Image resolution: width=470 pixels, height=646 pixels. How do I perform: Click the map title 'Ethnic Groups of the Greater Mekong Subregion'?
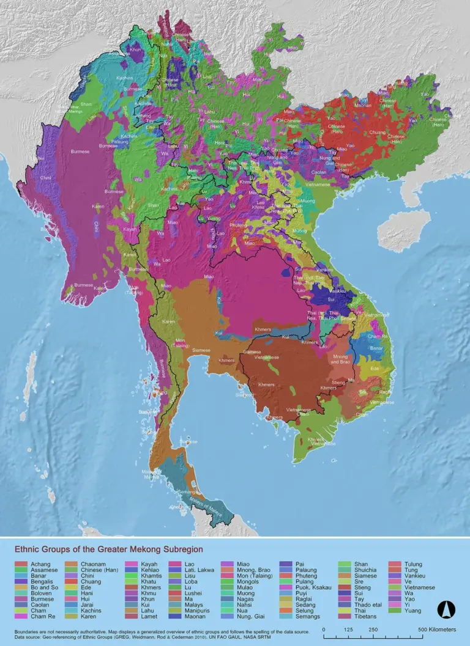[x=108, y=550]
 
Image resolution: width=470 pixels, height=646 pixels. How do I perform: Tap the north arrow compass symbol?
[x=445, y=609]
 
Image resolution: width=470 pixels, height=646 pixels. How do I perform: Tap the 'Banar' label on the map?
[x=376, y=349]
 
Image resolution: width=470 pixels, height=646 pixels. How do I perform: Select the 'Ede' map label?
[x=375, y=369]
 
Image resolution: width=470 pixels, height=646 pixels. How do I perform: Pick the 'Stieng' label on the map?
[x=340, y=382]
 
